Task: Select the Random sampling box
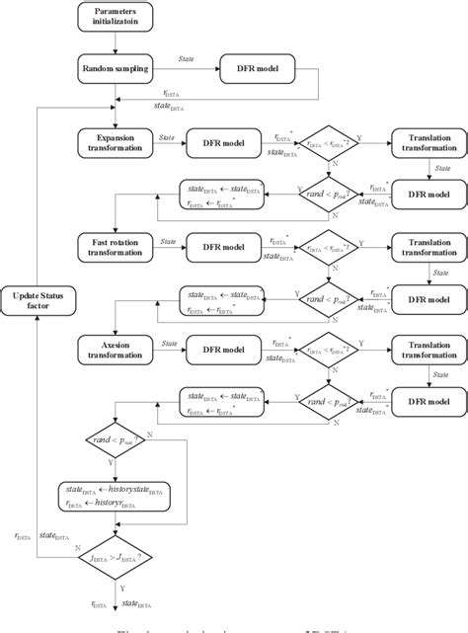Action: pos(117,70)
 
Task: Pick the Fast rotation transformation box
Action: pos(117,245)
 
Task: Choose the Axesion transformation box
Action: pos(117,347)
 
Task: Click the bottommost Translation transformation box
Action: pos(425,347)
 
